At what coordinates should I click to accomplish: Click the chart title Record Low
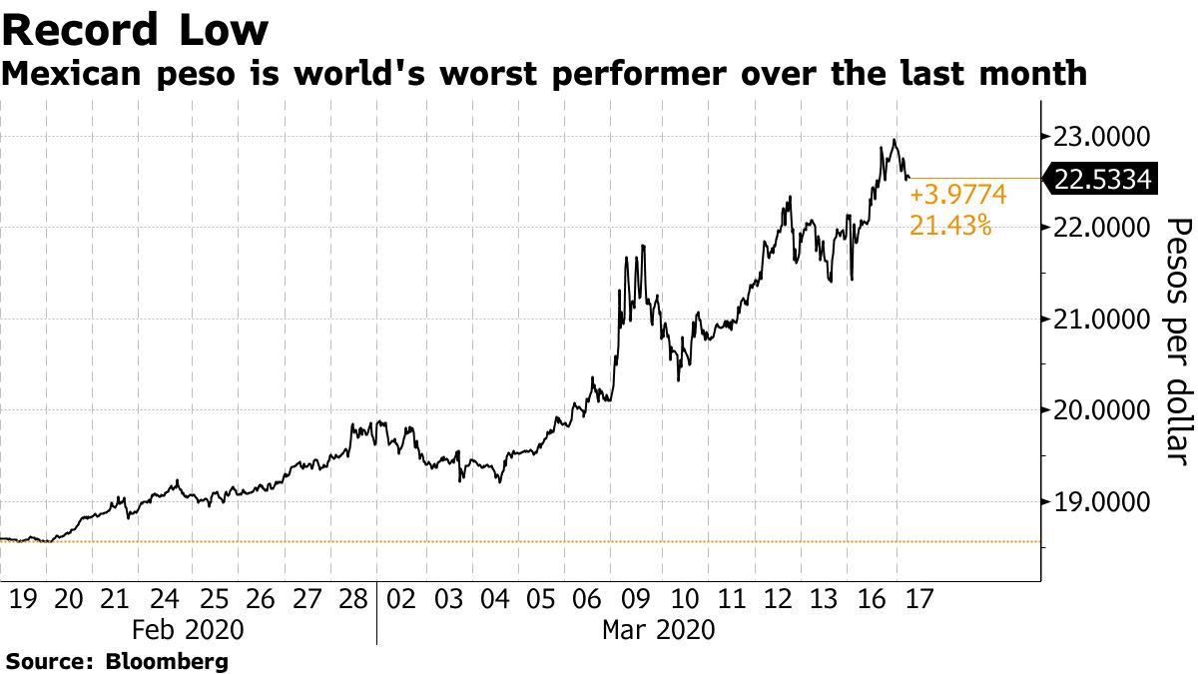pyautogui.click(x=135, y=30)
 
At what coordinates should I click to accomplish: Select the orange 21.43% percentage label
pyautogui.click(x=950, y=227)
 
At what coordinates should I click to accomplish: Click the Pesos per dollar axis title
pyautogui.click(x=1179, y=339)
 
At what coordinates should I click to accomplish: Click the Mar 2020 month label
pyautogui.click(x=659, y=631)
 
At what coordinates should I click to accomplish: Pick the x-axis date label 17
pyautogui.click(x=918, y=600)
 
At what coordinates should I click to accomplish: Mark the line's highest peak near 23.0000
pyautogui.click(x=894, y=141)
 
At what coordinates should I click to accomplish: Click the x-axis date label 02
pyautogui.click(x=399, y=600)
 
